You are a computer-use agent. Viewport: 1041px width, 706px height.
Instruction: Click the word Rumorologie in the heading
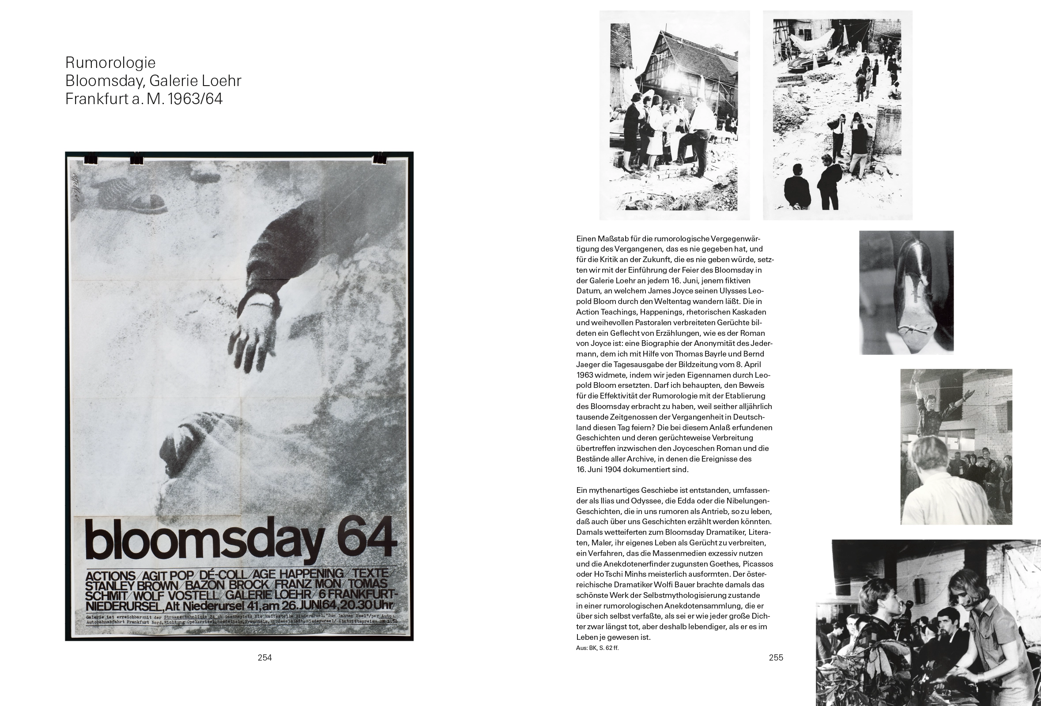[x=110, y=63]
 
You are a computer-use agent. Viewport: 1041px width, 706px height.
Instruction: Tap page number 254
[x=265, y=657]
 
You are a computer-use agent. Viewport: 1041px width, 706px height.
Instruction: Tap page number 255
[x=776, y=657]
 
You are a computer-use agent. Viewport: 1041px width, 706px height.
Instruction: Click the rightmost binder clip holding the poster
[x=379, y=158]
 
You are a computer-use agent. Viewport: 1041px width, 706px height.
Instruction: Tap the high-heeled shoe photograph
[x=906, y=293]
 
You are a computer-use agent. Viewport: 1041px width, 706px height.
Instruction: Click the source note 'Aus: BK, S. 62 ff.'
[x=597, y=648]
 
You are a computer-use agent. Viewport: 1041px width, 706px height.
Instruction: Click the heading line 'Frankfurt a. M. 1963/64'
[x=144, y=99]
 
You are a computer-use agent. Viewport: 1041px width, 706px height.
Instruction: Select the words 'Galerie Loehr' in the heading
[x=195, y=81]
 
